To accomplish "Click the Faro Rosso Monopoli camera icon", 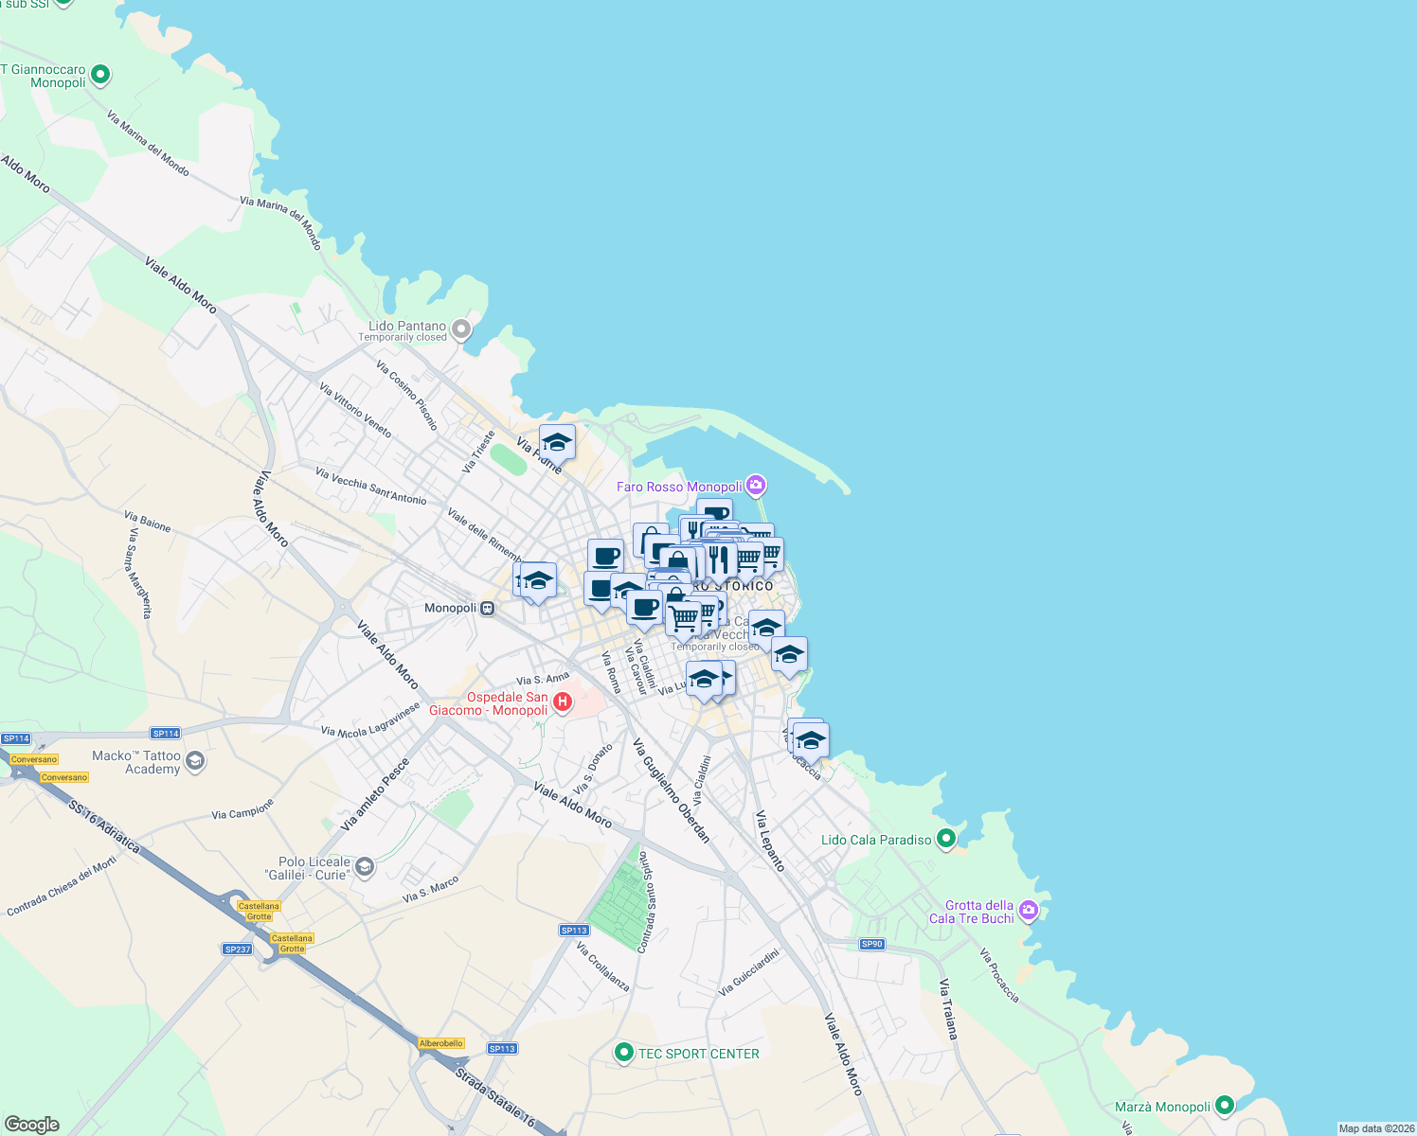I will coord(755,486).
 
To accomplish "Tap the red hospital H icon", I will coord(563,701).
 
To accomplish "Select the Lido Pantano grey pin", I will coord(461,329).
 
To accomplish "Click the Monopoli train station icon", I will coord(487,608).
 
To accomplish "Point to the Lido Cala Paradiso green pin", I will coord(945,839).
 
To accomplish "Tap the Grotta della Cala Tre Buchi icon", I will coord(1029,911).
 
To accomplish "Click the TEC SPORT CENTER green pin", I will coord(623,1053).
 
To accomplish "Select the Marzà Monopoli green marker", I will coord(1225,1105).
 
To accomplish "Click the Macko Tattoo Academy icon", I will coord(194,761).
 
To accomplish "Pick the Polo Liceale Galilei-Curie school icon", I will coord(365,867).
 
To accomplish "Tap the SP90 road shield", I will coord(871,944).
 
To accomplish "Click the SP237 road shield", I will coord(237,949).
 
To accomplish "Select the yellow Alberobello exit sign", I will coord(440,1043).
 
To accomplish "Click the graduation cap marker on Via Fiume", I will coord(557,442).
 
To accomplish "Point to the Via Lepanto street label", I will coord(770,841).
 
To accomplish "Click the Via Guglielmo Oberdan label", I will coord(672,790).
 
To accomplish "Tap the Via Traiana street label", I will coord(948,1009).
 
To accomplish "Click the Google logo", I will coord(32,1124).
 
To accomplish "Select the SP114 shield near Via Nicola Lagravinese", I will coord(165,734).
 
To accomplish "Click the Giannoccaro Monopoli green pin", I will coord(100,74).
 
